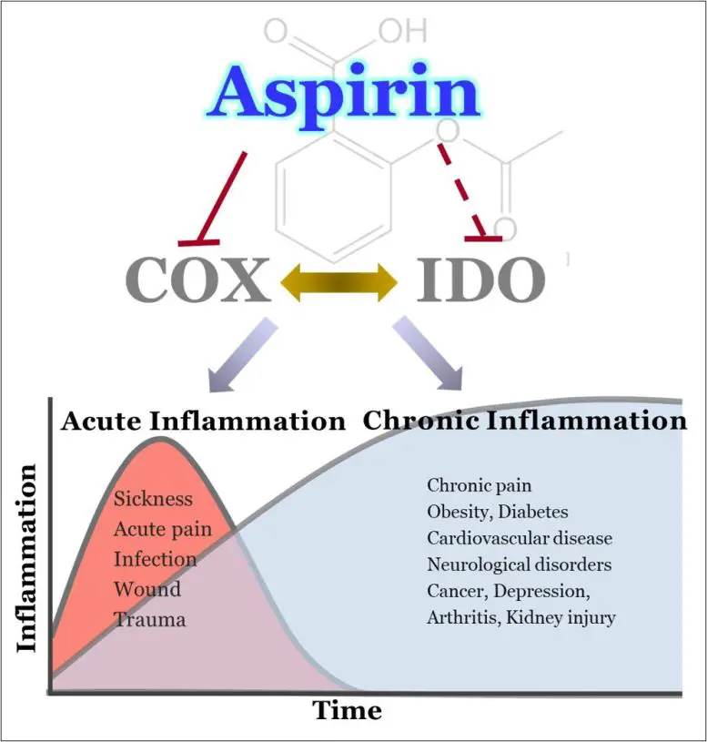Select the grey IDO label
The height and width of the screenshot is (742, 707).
click(x=480, y=280)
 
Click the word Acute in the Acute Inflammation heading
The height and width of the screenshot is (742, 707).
click(x=102, y=422)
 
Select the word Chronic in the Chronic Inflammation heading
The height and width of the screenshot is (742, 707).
click(x=420, y=421)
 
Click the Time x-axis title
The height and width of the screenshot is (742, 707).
click(x=348, y=709)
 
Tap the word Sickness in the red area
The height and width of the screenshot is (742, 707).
click(x=154, y=499)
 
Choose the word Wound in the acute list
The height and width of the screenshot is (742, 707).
click(x=146, y=589)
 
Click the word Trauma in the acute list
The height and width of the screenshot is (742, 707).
click(x=149, y=619)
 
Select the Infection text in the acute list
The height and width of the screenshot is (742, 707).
click(x=155, y=559)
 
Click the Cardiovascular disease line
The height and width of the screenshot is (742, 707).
click(x=520, y=538)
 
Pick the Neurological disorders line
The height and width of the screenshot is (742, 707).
click(x=520, y=564)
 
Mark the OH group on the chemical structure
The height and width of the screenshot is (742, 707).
click(x=401, y=30)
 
